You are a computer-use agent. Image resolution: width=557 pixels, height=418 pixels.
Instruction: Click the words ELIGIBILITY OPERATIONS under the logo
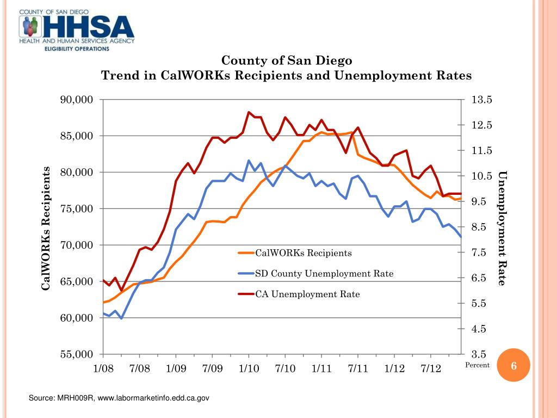77,48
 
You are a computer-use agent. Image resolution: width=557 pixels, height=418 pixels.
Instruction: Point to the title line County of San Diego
286,60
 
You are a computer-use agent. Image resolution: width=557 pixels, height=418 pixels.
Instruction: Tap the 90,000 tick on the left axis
77,100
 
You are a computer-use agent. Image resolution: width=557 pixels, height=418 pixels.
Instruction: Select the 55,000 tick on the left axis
77,354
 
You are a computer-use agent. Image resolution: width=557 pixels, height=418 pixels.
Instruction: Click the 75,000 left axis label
77,209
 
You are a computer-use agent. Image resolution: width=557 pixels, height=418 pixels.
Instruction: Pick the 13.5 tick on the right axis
481,100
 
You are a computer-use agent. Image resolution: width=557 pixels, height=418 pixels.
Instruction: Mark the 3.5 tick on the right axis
481,354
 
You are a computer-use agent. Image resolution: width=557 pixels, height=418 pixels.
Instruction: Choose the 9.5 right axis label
481,201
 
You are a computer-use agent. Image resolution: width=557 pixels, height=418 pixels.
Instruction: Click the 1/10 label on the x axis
249,368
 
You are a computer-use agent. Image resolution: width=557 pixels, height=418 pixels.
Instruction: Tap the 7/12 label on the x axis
431,368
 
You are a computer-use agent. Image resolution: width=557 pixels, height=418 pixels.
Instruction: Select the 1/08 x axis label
103,368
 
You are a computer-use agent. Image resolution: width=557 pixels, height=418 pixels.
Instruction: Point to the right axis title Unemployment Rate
502,228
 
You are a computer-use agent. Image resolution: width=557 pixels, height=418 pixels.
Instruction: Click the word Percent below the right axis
477,365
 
